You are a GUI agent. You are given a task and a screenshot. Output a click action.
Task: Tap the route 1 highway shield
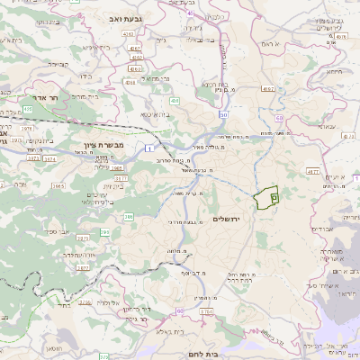pyautogui.click(x=146, y=148)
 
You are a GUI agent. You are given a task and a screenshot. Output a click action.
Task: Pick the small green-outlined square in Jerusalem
pyautogui.click(x=274, y=197)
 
